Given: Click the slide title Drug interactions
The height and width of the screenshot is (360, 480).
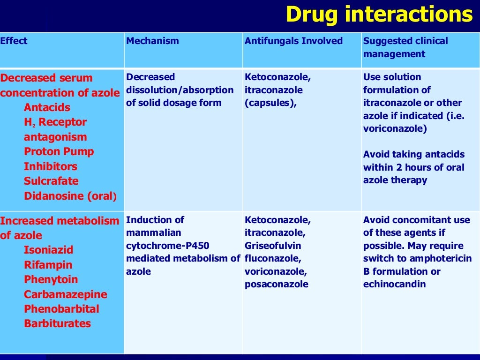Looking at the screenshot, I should pyautogui.click(x=379, y=15).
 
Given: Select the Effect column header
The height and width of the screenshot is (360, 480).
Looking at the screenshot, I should pyautogui.click(x=14, y=41).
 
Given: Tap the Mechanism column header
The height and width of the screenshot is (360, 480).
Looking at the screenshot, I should pyautogui.click(x=152, y=41).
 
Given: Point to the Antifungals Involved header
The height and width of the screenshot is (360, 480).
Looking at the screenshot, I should pyautogui.click(x=293, y=41).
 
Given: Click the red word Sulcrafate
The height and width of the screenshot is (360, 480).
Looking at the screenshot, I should pyautogui.click(x=51, y=181).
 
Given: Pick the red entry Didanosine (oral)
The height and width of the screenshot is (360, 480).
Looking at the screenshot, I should pyautogui.click(x=71, y=196).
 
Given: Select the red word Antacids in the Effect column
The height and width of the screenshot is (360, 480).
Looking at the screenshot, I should pyautogui.click(x=47, y=107).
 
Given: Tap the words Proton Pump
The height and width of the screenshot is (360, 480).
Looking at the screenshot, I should pyautogui.click(x=59, y=151).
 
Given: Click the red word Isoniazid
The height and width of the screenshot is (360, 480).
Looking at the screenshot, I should pyautogui.click(x=49, y=250).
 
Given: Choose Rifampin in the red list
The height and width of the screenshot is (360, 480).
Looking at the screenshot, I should pyautogui.click(x=47, y=265).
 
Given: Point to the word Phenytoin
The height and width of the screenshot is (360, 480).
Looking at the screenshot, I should pyautogui.click(x=51, y=279).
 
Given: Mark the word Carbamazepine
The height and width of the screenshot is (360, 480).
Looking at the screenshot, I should pyautogui.click(x=66, y=294).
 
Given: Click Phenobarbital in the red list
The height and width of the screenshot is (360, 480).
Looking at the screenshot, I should pyautogui.click(x=61, y=309).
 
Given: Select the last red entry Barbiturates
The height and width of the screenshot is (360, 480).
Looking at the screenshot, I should pyautogui.click(x=58, y=323).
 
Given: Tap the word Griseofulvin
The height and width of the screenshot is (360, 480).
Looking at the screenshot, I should pyautogui.click(x=273, y=246).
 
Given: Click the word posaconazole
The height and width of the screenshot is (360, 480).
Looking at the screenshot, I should pyautogui.click(x=277, y=284).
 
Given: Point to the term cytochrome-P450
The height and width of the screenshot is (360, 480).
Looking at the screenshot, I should pyautogui.click(x=168, y=246).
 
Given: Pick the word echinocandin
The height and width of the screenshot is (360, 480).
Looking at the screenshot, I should pyautogui.click(x=394, y=284).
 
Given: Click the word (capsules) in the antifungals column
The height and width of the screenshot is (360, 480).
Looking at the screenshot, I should pyautogui.click(x=270, y=103).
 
